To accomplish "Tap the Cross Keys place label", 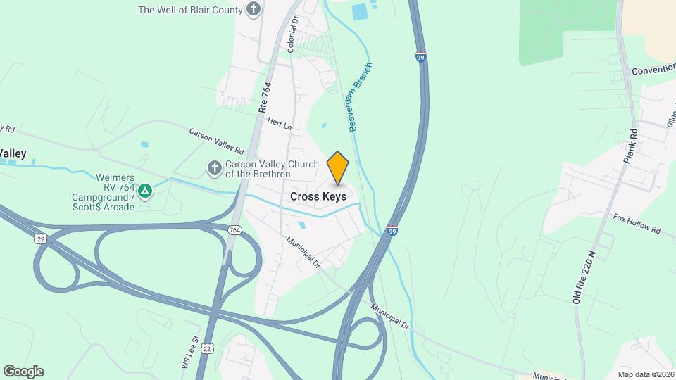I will (x=318, y=197).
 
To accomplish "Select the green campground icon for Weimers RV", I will (x=145, y=190).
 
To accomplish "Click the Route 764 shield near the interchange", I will (x=235, y=230).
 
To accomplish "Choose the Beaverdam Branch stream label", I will (x=360, y=97).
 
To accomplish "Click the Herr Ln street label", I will (x=279, y=123).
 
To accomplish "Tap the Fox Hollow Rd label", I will (x=637, y=224).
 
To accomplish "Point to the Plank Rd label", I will (x=630, y=144).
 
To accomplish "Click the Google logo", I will (x=23, y=372).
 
